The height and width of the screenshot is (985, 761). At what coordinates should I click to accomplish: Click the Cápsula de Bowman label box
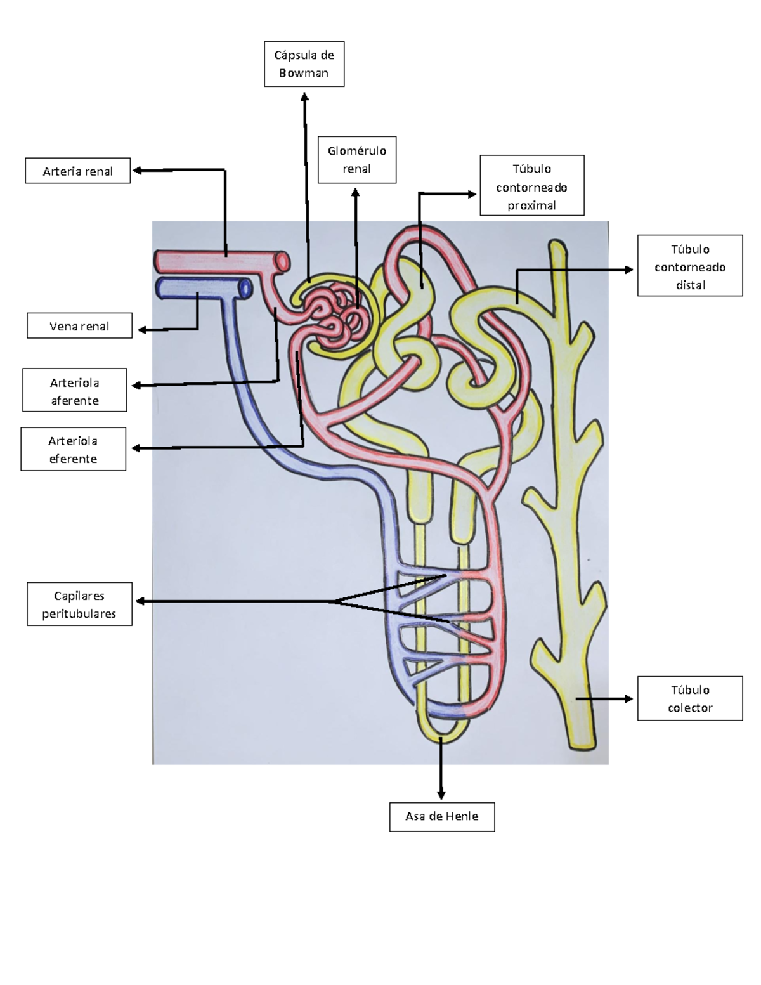point(304,64)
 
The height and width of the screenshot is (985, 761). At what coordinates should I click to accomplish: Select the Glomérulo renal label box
point(356,160)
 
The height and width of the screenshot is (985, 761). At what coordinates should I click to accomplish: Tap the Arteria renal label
point(77,171)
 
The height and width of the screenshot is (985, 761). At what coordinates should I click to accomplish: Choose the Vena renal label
point(79,326)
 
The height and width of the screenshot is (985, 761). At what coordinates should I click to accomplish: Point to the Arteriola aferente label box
point(74,391)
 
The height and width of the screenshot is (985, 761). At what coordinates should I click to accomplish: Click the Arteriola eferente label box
point(73,449)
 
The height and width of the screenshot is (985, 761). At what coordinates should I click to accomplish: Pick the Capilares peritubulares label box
point(79,604)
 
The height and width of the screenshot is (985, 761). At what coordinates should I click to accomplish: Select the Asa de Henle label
point(441,816)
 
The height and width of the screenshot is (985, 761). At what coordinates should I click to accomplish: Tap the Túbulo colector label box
point(689,698)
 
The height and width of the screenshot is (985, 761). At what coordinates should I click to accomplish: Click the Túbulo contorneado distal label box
point(689,266)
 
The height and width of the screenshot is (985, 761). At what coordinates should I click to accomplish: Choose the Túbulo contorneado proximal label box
point(531,186)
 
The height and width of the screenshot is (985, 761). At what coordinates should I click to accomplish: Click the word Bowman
point(304,73)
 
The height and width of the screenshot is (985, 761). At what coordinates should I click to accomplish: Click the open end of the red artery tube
point(283,261)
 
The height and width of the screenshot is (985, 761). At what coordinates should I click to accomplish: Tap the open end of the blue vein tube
point(245,289)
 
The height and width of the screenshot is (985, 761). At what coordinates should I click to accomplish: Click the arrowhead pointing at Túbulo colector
point(628,699)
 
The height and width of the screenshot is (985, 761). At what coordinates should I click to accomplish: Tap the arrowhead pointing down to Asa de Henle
point(441,794)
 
